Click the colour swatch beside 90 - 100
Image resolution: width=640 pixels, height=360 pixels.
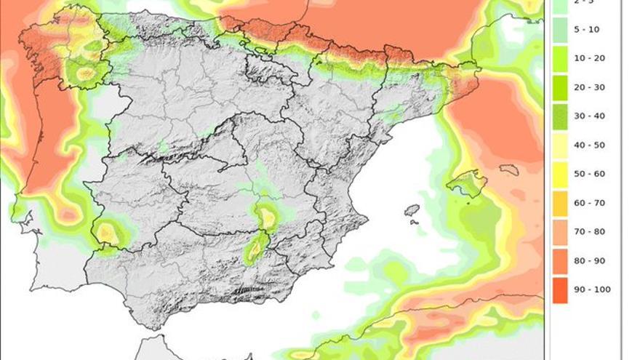[x=559, y=289]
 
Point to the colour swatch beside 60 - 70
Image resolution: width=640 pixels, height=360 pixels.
[x=559, y=203]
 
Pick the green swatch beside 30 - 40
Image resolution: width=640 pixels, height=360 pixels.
[x=559, y=116]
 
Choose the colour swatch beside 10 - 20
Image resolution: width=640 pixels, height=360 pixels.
[x=559, y=58]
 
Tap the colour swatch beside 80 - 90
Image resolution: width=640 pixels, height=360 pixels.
[x=559, y=260]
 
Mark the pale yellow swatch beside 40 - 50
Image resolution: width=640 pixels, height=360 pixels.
[x=559, y=145]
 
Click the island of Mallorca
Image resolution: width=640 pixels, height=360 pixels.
[x=466, y=183]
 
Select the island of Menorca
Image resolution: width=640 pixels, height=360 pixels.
[x=509, y=169]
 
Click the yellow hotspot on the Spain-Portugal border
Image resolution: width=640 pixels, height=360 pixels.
[x=107, y=233]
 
